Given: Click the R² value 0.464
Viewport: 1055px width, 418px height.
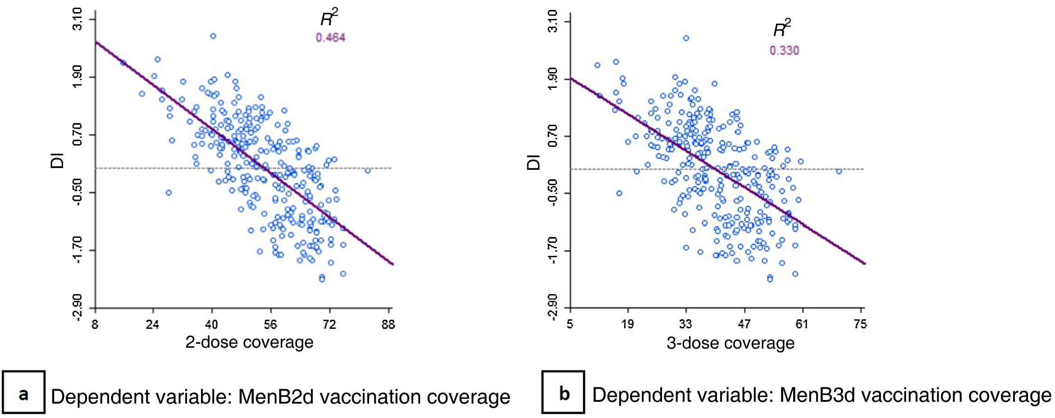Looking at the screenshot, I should point(330,37).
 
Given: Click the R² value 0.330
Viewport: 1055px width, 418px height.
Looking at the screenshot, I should point(784,50).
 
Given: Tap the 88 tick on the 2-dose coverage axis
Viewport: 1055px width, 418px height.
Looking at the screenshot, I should point(388,324).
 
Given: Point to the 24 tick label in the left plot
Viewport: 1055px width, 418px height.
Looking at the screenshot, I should point(153,324).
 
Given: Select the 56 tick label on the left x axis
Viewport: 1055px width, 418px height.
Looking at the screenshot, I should point(270,324).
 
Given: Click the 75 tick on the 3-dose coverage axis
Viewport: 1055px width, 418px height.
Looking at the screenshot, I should point(860,324).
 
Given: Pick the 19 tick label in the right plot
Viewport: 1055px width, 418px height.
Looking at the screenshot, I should point(628,324).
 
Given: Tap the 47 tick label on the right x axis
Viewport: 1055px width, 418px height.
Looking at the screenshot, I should point(744,324).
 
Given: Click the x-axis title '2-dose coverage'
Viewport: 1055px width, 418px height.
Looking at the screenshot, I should point(249,342).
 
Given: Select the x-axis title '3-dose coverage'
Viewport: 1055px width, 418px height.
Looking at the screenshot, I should point(731,343).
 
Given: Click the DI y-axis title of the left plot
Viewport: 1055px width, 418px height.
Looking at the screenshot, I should point(58,161).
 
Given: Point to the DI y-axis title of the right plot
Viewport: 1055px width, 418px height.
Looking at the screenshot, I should point(534,162).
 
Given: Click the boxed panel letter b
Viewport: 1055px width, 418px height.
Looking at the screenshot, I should point(563,393).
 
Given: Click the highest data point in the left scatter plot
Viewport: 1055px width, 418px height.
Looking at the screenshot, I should point(213,36).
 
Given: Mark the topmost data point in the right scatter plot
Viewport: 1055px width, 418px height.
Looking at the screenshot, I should point(686,38).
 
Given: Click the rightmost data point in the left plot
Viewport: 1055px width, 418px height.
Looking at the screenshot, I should point(368,170).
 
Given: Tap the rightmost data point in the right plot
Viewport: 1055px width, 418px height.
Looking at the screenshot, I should point(839,171).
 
